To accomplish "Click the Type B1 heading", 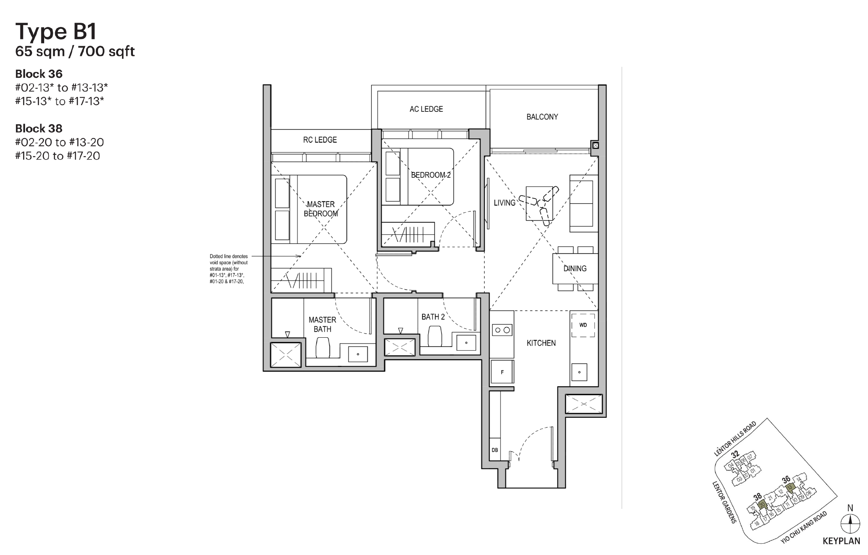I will (56, 32).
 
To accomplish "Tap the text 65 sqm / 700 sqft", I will (75, 52).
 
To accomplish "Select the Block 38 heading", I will (39, 129).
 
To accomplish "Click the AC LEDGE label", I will (426, 109).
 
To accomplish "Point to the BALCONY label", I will (542, 117).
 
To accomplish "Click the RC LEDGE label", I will (320, 140).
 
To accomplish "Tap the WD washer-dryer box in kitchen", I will (583, 325).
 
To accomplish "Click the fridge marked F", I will (502, 372).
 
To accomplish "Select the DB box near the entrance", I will (495, 450).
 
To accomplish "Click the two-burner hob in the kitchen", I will (502, 330).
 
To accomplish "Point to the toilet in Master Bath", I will (323, 347).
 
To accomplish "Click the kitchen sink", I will (579, 372).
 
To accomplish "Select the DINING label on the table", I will (575, 269).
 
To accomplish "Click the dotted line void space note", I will (229, 269).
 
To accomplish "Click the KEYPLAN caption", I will (841, 541).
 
